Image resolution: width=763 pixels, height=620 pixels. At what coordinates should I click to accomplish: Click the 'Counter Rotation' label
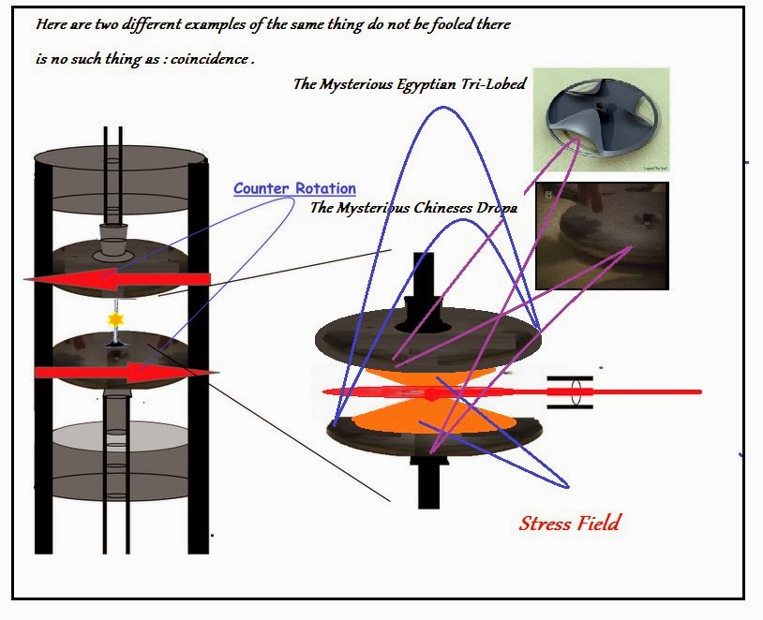[x=294, y=188]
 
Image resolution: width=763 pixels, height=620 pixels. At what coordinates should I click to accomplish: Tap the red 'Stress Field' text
[x=569, y=523]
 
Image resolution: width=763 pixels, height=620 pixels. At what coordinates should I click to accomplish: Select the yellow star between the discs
[x=116, y=320]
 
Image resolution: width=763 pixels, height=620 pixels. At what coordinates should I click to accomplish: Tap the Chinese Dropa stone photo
[x=601, y=234]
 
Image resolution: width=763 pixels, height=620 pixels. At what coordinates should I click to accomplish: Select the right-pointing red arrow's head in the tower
[x=197, y=373]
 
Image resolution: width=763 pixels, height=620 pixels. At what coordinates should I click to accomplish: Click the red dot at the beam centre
[x=430, y=394]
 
